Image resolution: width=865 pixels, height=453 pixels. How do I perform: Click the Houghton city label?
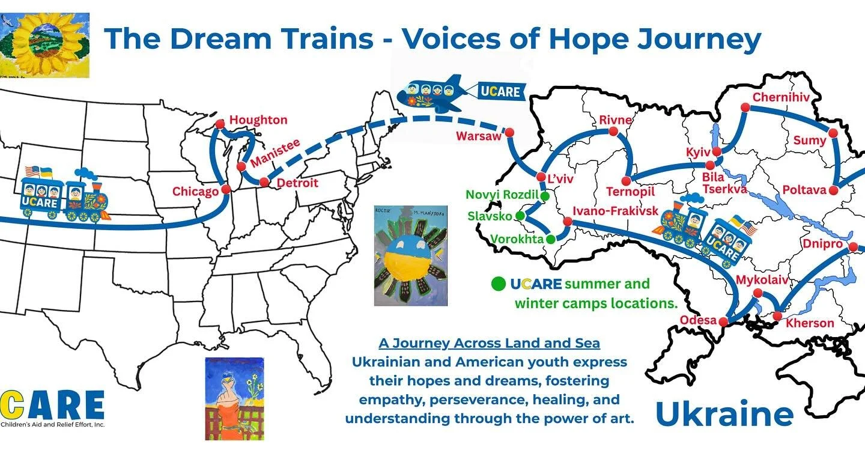point(258,120)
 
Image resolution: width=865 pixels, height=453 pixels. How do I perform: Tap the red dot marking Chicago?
point(226,189)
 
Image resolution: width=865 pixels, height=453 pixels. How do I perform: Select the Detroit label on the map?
point(297,183)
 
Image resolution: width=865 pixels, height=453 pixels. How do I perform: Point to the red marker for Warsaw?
point(510,132)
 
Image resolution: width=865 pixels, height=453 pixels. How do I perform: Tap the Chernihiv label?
point(781,97)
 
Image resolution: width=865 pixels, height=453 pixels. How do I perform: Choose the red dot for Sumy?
point(833,133)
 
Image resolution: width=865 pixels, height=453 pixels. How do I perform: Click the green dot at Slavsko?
point(520,215)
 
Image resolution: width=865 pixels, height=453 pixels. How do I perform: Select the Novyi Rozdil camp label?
point(502,195)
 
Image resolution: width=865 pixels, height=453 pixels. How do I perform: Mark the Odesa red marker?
point(723,322)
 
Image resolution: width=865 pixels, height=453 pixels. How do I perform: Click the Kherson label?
point(810,323)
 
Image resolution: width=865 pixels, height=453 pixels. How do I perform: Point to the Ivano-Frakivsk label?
point(615,211)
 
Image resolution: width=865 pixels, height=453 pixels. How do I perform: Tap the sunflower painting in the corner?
point(45,46)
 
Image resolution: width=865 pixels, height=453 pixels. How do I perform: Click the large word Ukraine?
point(724,414)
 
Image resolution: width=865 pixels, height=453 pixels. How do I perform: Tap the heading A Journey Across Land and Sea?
point(489,344)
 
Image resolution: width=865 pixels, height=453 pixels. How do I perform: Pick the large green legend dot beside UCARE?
point(498,284)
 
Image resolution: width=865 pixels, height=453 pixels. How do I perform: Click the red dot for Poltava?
point(833,190)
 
